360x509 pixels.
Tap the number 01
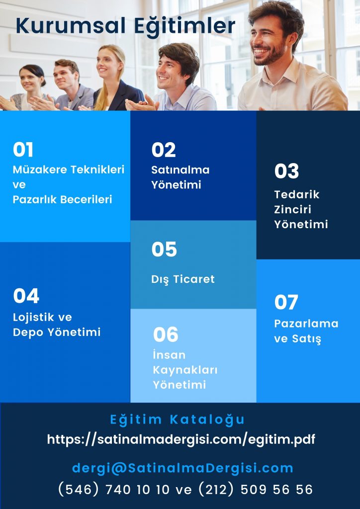click(x=23, y=150)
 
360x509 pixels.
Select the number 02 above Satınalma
click(x=164, y=150)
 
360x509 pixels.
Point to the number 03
click(x=286, y=171)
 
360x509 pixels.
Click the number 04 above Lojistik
click(x=26, y=296)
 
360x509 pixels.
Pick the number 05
click(x=164, y=250)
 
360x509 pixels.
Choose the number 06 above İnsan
click(x=166, y=335)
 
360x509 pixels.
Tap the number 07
click(x=286, y=303)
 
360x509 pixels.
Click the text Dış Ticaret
click(x=183, y=279)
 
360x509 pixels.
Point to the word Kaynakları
click(x=185, y=370)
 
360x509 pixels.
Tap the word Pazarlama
click(x=306, y=324)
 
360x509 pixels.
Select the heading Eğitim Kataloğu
click(x=177, y=420)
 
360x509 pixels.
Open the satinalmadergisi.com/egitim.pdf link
click(x=181, y=439)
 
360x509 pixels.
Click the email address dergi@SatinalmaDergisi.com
click(x=182, y=468)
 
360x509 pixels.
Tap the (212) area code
click(x=215, y=490)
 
